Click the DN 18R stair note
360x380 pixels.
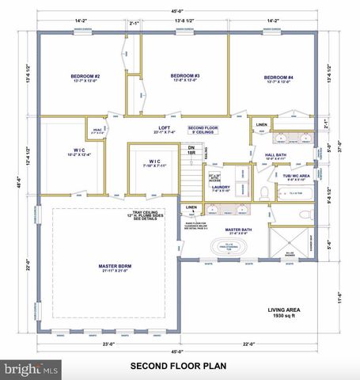pos(191,150)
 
